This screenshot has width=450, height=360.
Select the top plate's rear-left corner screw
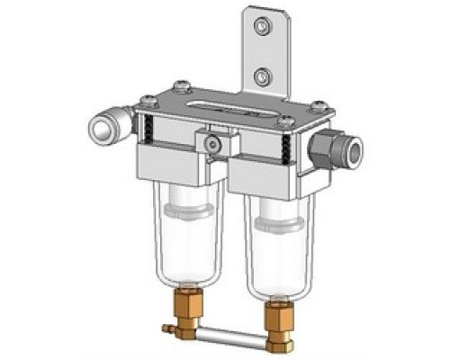point(185,87)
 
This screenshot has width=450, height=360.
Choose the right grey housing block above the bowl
point(265,176)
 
